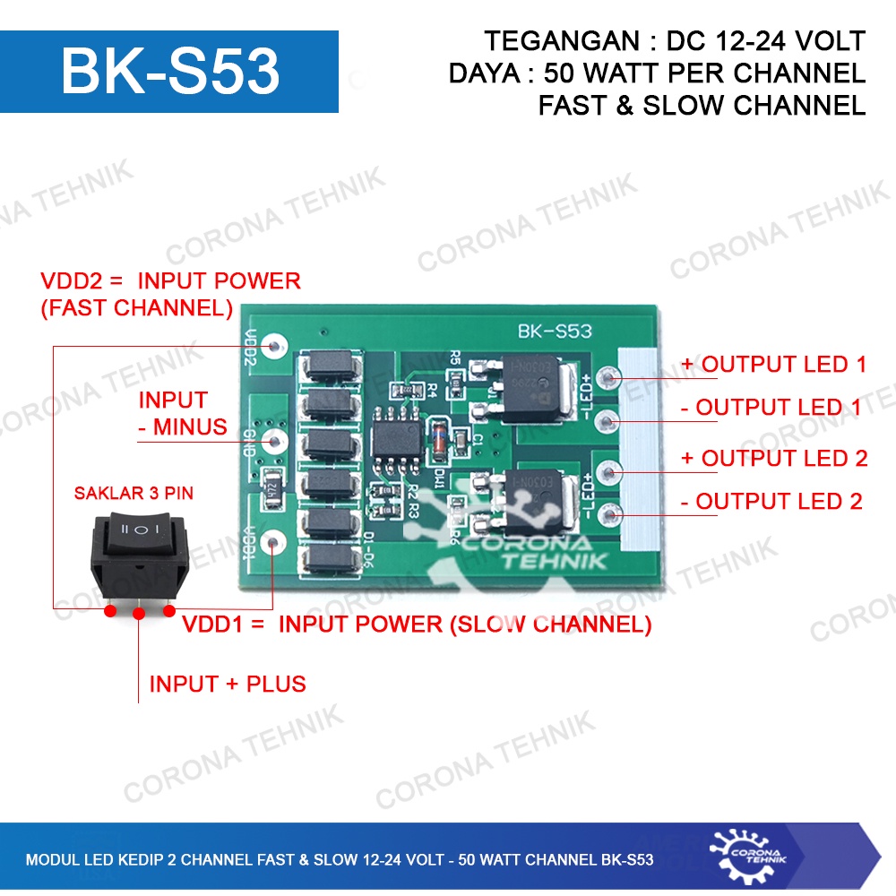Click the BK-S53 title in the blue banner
(170, 73)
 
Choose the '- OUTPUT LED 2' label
(771, 502)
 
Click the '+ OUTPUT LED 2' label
(774, 458)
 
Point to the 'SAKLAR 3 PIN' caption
(134, 493)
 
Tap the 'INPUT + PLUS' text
(228, 685)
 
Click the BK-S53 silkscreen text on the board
(555, 332)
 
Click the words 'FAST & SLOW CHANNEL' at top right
(702, 105)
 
